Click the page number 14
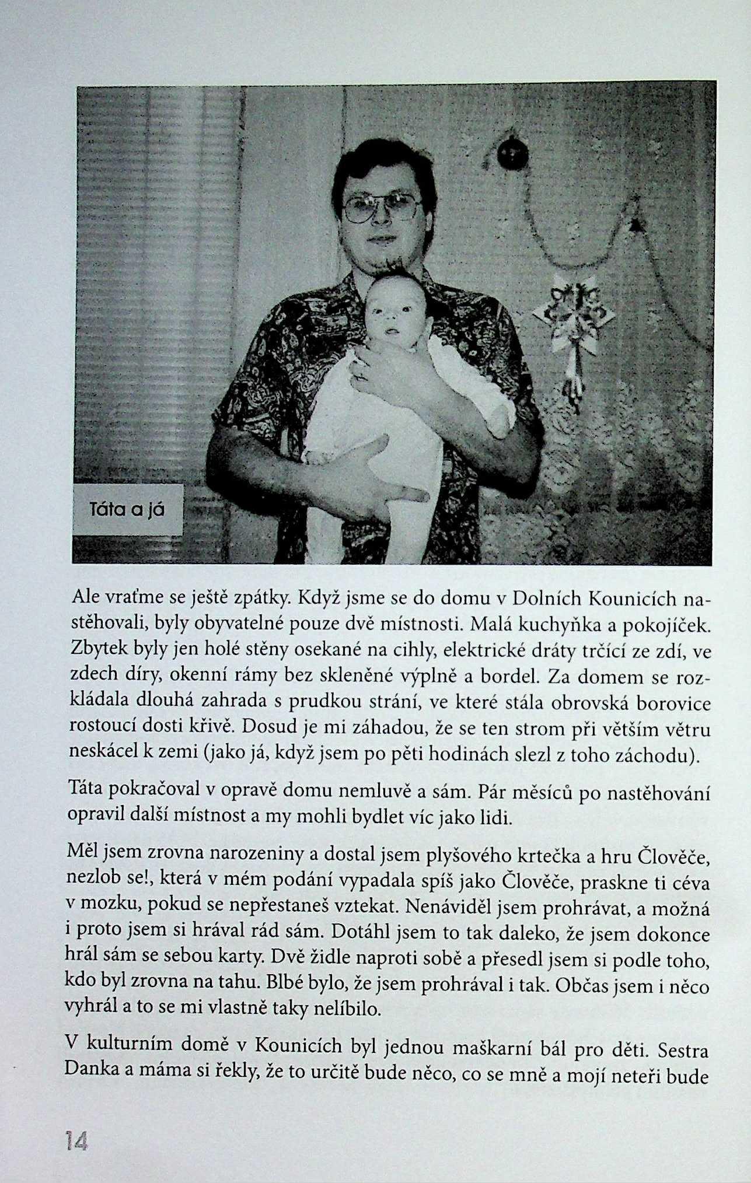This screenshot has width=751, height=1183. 76,1141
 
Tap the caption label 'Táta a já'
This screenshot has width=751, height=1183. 127,510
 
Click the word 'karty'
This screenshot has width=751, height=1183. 233,960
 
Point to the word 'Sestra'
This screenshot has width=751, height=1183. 683,1051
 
